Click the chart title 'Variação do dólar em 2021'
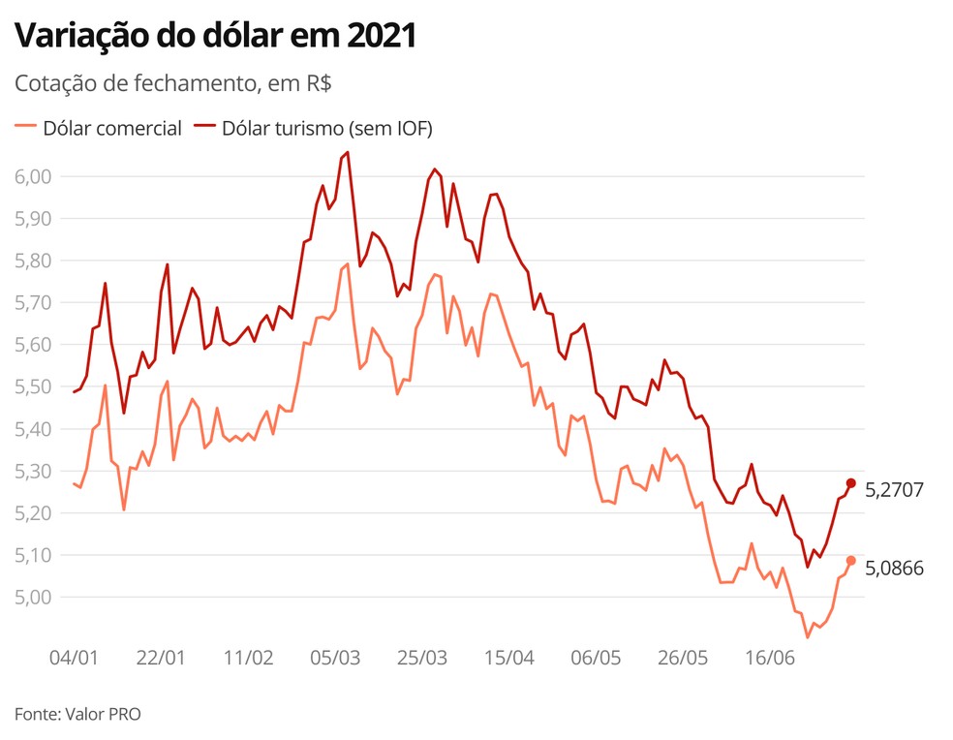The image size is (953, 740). pyautogui.click(x=215, y=37)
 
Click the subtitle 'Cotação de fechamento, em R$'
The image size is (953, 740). pyautogui.click(x=173, y=83)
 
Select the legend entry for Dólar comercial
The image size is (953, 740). pyautogui.click(x=99, y=128)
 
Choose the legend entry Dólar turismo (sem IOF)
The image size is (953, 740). pyautogui.click(x=314, y=128)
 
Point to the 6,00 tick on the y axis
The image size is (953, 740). pyautogui.click(x=34, y=176)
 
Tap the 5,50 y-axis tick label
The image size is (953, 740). pyautogui.click(x=34, y=386)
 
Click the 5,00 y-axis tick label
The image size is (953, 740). pyautogui.click(x=34, y=597)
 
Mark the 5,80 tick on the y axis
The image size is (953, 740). pyautogui.click(x=34, y=261)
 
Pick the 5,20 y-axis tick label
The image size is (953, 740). pyautogui.click(x=34, y=512)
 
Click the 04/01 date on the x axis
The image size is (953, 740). pyautogui.click(x=74, y=657)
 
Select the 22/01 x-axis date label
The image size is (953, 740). pyautogui.click(x=161, y=657)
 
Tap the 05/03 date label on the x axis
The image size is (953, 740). pyautogui.click(x=335, y=657)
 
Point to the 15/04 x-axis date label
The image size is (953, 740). pyautogui.click(x=509, y=657)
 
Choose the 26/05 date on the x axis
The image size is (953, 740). pyautogui.click(x=683, y=657)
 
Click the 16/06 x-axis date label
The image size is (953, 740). pyautogui.click(x=770, y=657)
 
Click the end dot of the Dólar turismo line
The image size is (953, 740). pyautogui.click(x=851, y=483)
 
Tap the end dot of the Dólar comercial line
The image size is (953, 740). pyautogui.click(x=851, y=561)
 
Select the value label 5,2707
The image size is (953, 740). pyautogui.click(x=894, y=490)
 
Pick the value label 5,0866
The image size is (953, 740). pyautogui.click(x=894, y=569)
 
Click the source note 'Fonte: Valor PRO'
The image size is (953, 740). pyautogui.click(x=77, y=714)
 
